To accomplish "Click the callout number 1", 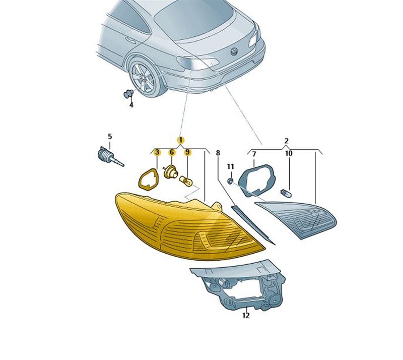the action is tap(181, 140).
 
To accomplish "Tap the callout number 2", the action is tap(287, 141).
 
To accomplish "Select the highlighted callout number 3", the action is tap(157, 152).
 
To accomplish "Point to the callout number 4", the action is tap(131, 105).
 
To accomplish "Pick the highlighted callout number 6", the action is tap(171, 152).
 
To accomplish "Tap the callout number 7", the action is tap(254, 154).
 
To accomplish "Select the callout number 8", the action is tap(218, 153).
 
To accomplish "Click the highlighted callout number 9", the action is tap(187, 152).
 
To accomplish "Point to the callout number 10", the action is tap(289, 154).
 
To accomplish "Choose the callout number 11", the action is tap(231, 166).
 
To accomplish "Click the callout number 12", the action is tap(246, 316).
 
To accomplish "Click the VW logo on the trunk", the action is tap(234, 51).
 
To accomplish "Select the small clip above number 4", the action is tap(128, 94).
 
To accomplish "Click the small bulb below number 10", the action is tap(285, 192).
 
